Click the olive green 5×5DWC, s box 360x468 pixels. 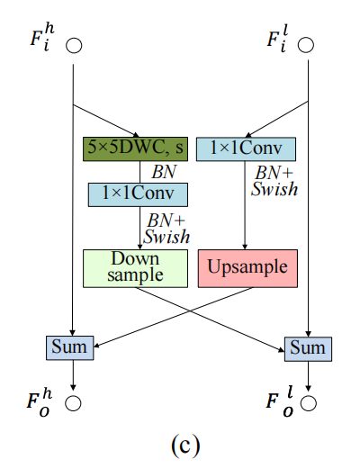[135, 149]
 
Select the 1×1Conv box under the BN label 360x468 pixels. [138, 194]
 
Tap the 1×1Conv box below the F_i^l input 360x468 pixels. [246, 149]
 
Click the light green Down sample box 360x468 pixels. [135, 268]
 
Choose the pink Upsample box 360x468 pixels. [247, 268]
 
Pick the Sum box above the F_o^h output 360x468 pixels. [70, 348]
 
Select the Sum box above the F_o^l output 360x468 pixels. [308, 349]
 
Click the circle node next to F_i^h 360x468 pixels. [74, 46]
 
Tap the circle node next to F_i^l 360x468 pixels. [306, 45]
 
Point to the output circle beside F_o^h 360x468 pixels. [73, 403]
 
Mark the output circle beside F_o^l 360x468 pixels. [309, 402]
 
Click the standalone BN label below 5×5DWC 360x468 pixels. [164, 172]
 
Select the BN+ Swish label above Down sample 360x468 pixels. [166, 229]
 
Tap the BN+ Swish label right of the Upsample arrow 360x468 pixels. [274, 181]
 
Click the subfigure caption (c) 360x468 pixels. [185, 445]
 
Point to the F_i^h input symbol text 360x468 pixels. [42, 38]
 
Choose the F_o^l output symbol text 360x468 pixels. [280, 401]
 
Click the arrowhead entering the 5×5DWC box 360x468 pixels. [136, 135]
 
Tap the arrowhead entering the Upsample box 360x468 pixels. [245, 247]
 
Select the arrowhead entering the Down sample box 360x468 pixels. [139, 247]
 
